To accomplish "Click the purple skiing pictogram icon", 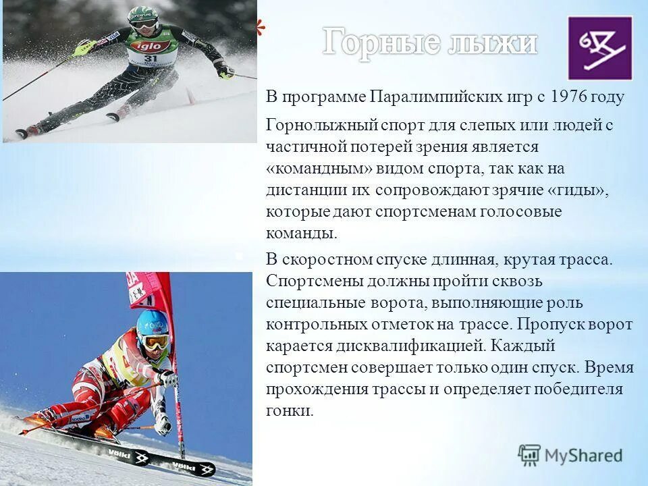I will tap(599, 48).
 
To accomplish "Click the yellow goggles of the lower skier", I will tap(156, 341).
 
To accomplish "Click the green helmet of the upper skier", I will tap(144, 14).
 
